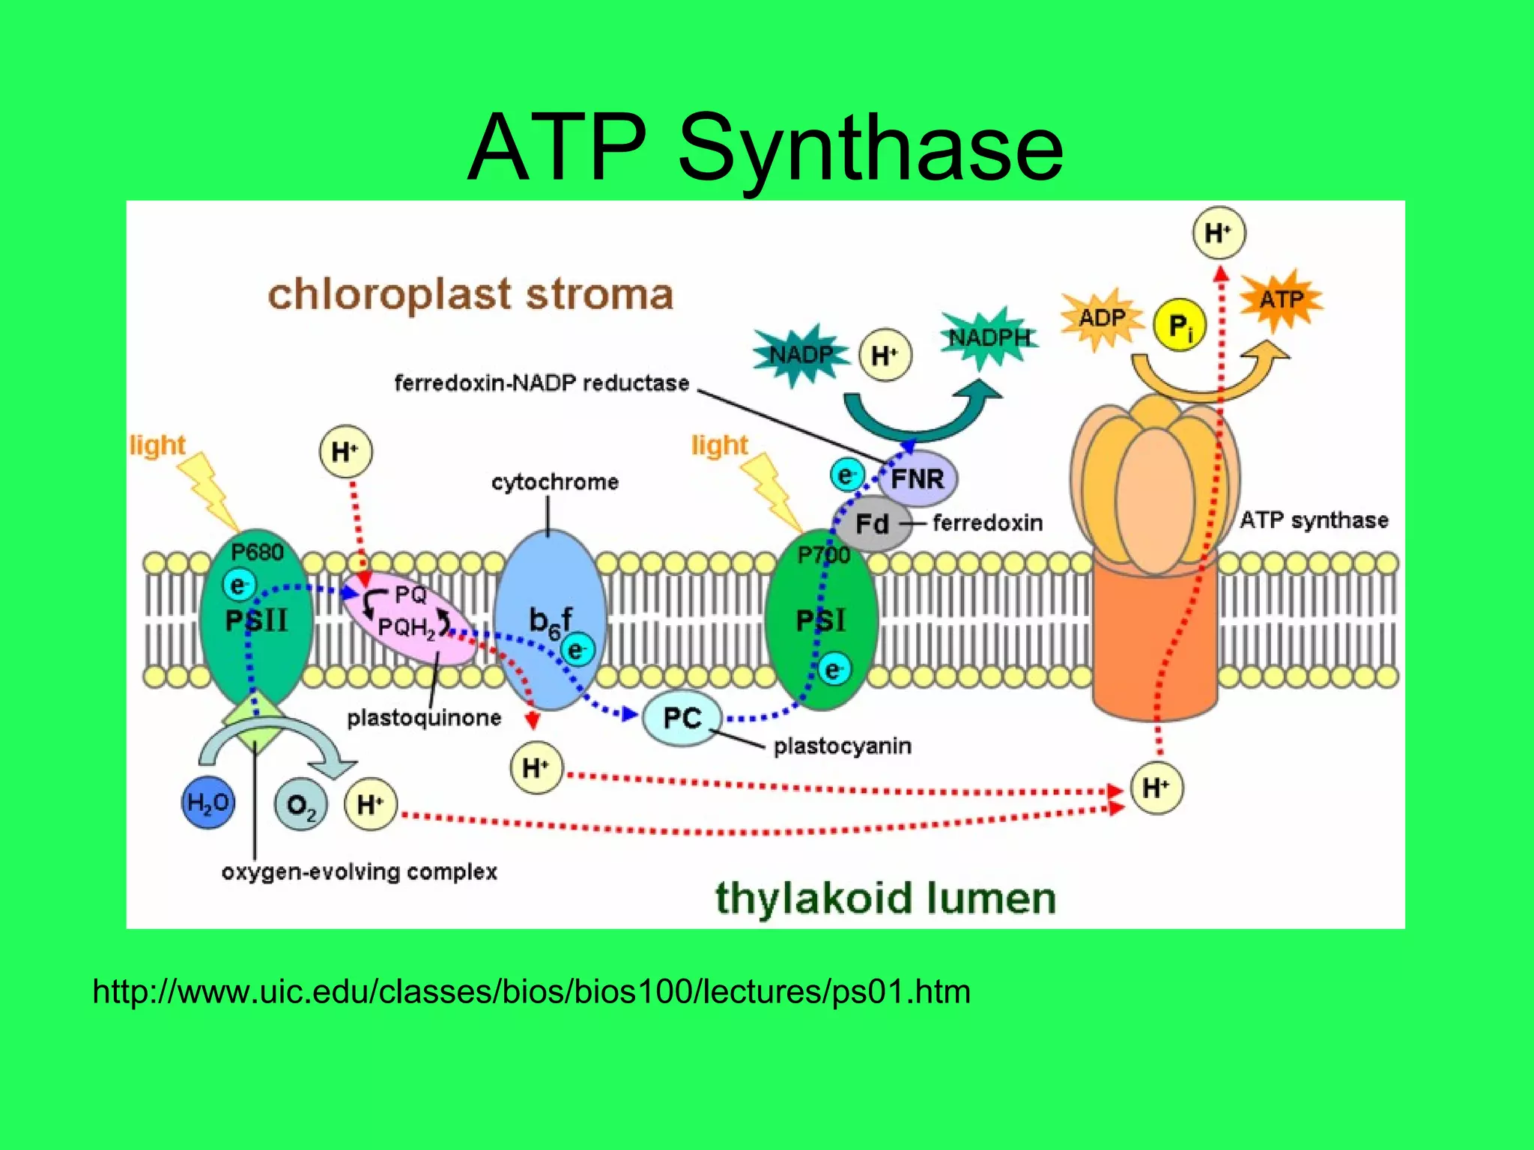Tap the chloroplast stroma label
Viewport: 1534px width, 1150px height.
pos(470,294)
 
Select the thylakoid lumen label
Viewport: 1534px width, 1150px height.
pos(885,898)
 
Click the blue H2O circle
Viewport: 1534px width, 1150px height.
pos(208,803)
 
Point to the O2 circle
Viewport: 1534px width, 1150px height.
pos(301,806)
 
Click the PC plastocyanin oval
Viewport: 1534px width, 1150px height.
pos(682,718)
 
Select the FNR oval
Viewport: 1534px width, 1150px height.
pos(918,478)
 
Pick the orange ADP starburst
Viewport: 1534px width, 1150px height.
pos(1101,318)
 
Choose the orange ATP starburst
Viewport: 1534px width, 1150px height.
pos(1281,299)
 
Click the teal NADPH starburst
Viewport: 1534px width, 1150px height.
pos(989,338)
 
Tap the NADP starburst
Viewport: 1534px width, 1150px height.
pos(801,354)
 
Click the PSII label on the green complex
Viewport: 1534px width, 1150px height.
pos(257,620)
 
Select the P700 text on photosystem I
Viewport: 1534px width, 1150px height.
pos(822,555)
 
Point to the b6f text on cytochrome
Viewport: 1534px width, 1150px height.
pos(551,621)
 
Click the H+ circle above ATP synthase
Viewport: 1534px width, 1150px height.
pos(1219,233)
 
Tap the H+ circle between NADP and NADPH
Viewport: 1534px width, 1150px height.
pos(885,355)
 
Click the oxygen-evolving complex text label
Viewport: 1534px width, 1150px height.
pos(360,872)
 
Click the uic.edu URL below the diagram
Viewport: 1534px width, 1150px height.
pos(531,992)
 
